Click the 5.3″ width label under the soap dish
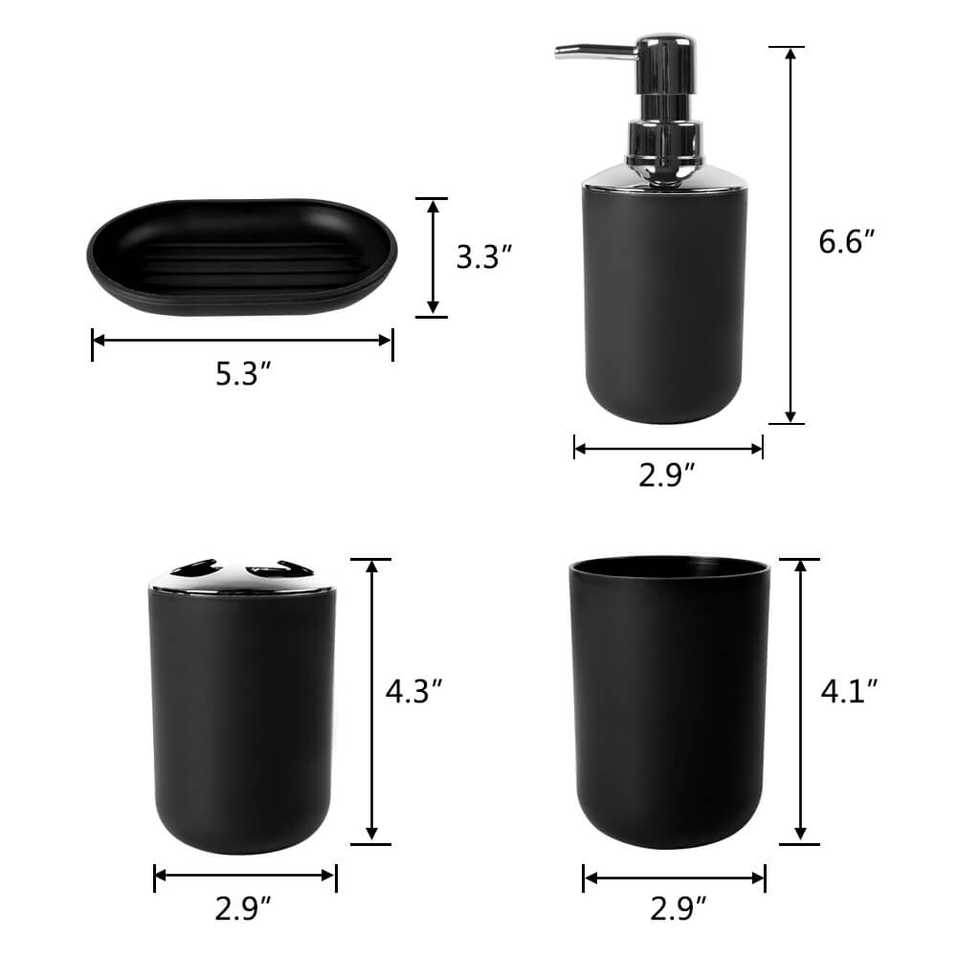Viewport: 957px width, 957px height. [x=240, y=375]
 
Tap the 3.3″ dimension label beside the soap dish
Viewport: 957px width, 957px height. [x=484, y=256]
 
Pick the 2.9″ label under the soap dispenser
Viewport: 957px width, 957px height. [x=668, y=475]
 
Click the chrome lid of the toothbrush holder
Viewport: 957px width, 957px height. [x=242, y=574]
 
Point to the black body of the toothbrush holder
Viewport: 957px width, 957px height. [x=242, y=718]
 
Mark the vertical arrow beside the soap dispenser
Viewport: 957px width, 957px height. [x=790, y=234]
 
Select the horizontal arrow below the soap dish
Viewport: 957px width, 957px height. [x=242, y=340]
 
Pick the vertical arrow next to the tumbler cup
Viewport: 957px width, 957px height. [x=800, y=701]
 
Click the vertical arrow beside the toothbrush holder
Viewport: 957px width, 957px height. [x=372, y=701]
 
